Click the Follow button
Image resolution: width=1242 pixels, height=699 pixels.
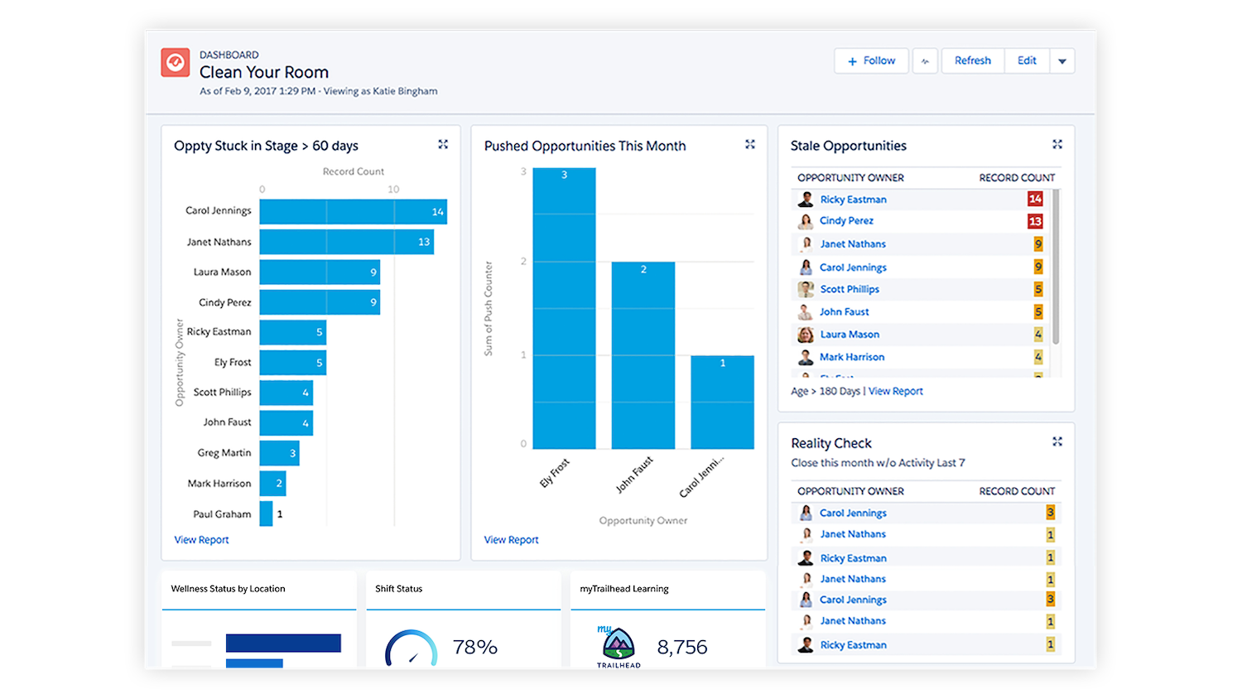tap(871, 60)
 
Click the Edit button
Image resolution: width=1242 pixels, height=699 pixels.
tap(1027, 60)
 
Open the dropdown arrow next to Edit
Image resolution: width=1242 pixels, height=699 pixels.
tap(1062, 61)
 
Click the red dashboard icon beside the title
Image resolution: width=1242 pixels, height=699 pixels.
tap(176, 62)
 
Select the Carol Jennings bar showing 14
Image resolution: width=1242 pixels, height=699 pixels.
tap(353, 211)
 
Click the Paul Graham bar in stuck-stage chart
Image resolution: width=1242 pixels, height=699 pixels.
tap(266, 513)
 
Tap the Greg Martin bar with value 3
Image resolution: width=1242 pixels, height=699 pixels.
tap(279, 453)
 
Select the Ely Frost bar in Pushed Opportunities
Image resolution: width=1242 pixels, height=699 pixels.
tap(564, 308)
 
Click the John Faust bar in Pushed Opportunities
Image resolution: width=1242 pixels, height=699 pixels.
tap(643, 355)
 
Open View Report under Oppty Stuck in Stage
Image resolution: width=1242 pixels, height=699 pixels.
tap(201, 540)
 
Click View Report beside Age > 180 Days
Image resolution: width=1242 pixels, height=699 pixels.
tap(895, 391)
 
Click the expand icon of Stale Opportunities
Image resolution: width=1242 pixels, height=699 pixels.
tap(1057, 144)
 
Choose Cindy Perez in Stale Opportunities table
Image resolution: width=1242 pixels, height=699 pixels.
tap(846, 221)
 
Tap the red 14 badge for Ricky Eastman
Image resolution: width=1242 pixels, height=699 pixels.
tap(1035, 199)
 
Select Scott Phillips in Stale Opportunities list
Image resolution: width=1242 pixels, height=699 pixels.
tap(850, 289)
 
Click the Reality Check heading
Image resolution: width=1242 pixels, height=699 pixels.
tap(830, 443)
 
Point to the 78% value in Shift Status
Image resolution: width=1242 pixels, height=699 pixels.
tap(474, 647)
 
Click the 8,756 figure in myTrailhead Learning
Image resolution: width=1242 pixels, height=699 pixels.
tap(682, 647)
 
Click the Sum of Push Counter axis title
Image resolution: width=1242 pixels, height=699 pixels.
tap(489, 309)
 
